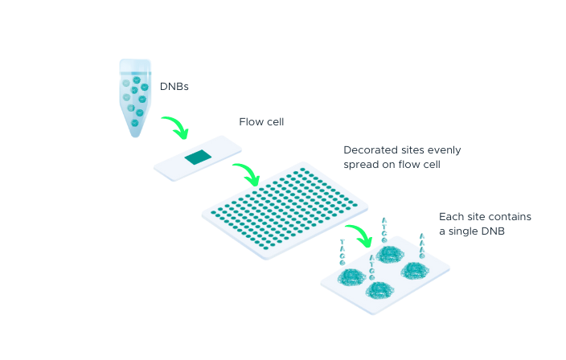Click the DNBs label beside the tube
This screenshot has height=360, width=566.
(174, 85)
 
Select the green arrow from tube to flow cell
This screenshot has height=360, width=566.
(176, 125)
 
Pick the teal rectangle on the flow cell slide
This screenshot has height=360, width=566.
(197, 157)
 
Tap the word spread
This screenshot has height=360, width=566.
(362, 165)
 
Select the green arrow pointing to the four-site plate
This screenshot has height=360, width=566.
(359, 234)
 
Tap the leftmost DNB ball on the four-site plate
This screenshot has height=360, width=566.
(351, 277)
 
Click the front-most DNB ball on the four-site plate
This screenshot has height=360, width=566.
(381, 290)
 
